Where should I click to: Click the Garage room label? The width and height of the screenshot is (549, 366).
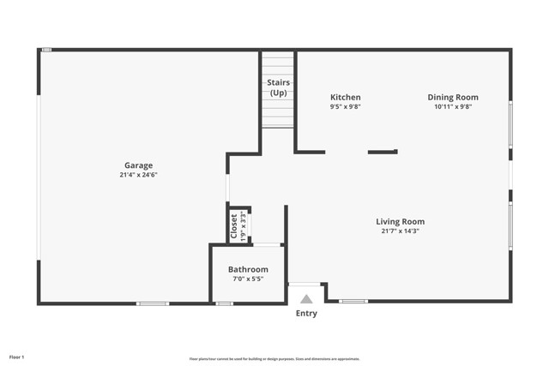(138, 165)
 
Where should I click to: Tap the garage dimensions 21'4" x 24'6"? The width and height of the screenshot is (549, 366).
(138, 175)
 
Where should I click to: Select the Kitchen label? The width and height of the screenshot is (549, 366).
(346, 98)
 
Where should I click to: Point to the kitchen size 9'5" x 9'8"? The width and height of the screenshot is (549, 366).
(346, 107)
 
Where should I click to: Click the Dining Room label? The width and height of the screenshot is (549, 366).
(453, 98)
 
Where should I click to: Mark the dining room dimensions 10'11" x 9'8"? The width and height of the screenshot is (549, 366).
(453, 107)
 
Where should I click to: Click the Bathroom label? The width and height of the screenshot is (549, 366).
(248, 269)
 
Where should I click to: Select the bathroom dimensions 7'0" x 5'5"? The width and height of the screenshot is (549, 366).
(248, 279)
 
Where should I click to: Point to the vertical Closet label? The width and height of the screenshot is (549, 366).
(234, 226)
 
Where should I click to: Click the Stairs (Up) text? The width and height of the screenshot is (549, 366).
(278, 87)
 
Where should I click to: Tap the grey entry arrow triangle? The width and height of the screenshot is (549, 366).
(306, 298)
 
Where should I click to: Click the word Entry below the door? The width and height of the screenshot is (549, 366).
(306, 314)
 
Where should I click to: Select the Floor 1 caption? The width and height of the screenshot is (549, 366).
(17, 356)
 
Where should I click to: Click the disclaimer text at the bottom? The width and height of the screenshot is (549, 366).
(274, 359)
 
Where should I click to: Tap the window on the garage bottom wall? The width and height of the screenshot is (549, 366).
(153, 303)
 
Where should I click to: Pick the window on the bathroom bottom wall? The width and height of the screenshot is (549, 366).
(224, 303)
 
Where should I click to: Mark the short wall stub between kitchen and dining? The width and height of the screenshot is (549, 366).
(383, 152)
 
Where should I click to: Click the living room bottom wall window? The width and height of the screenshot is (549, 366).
(353, 302)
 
